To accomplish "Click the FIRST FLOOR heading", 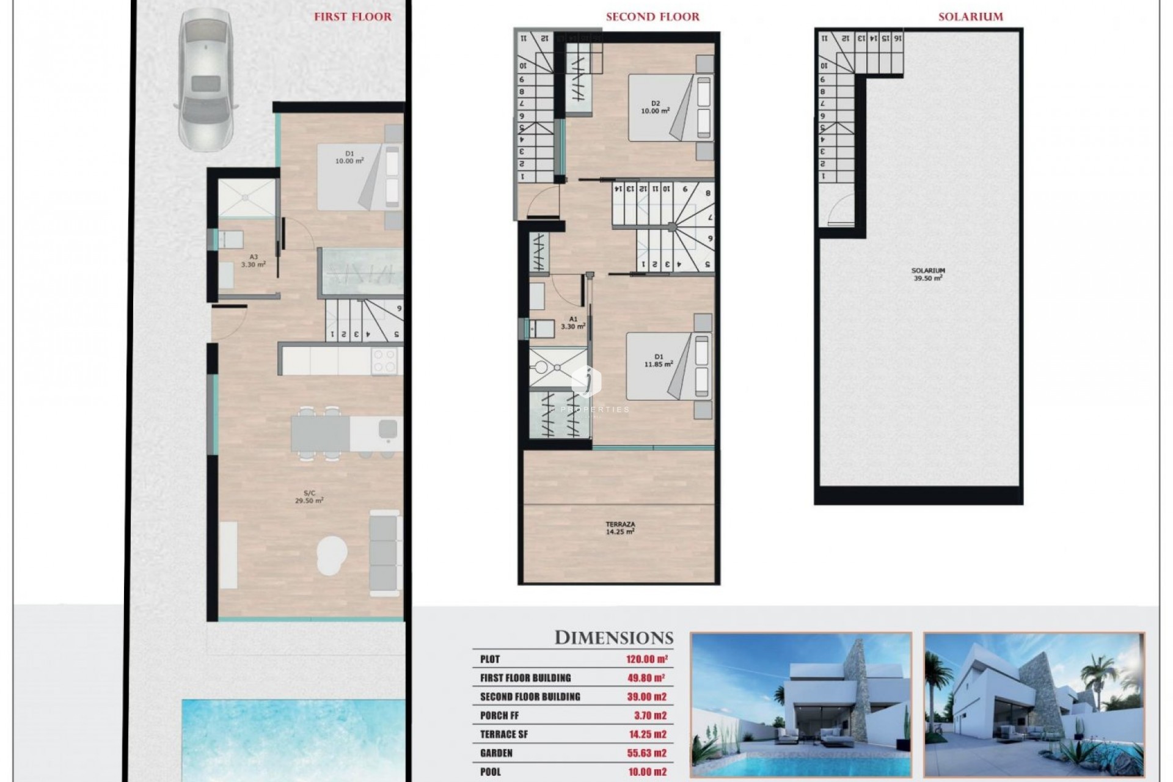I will pyautogui.click(x=353, y=17).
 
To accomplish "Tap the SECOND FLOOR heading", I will pyautogui.click(x=652, y=17).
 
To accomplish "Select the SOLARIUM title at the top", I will pyautogui.click(x=970, y=17).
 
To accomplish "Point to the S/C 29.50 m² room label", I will pyautogui.click(x=309, y=496).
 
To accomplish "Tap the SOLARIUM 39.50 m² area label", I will pyautogui.click(x=927, y=274).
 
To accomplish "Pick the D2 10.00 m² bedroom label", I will pyautogui.click(x=655, y=108).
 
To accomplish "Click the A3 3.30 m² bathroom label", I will pyautogui.click(x=253, y=261).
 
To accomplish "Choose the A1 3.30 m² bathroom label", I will pyautogui.click(x=573, y=323).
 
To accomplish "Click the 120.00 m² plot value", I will pyautogui.click(x=646, y=659).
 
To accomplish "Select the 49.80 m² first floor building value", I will pyautogui.click(x=646, y=678).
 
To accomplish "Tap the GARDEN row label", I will pyautogui.click(x=496, y=753).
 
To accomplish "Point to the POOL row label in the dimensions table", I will pyautogui.click(x=491, y=772).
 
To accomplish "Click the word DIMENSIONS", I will pyautogui.click(x=613, y=638).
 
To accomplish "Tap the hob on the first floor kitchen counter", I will pyautogui.click(x=385, y=360).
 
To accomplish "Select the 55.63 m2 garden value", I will pyautogui.click(x=646, y=753).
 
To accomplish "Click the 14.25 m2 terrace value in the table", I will pyautogui.click(x=646, y=734).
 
